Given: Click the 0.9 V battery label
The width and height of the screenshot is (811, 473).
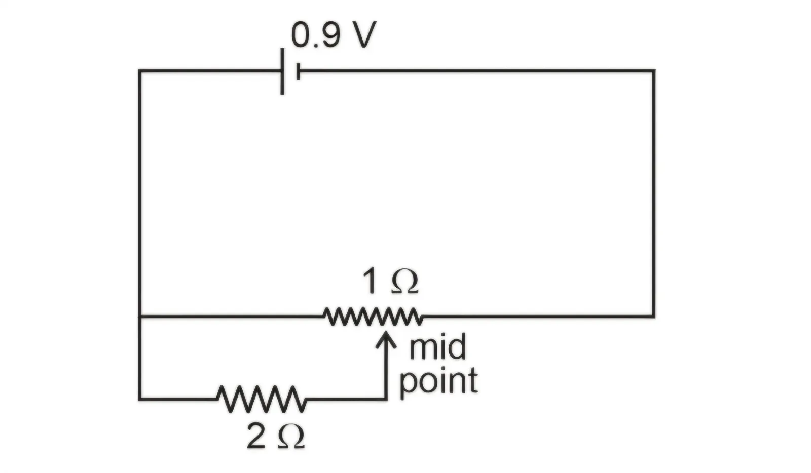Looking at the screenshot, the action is (x=334, y=35).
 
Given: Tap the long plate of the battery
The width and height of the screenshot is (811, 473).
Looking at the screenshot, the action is (x=282, y=71).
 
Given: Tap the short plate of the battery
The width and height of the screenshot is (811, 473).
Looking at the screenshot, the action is (x=298, y=71).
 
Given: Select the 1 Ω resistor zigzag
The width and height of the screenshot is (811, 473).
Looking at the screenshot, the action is (x=373, y=317).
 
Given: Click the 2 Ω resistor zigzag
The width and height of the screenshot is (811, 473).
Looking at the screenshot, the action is (x=262, y=399).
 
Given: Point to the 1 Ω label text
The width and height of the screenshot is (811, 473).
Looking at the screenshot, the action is (x=391, y=282).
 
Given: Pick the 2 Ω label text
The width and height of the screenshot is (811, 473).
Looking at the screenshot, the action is (x=276, y=436).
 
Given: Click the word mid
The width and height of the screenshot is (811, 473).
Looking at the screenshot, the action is (x=438, y=346).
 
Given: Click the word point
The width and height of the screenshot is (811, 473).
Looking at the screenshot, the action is (x=439, y=381).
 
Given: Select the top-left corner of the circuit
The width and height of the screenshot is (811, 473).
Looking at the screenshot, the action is (x=140, y=71).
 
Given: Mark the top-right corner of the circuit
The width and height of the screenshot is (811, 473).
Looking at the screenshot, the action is (x=653, y=71).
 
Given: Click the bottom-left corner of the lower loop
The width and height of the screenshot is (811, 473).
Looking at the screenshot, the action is (x=140, y=399).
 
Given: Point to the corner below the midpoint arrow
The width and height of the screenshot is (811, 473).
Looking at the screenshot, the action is (x=386, y=399).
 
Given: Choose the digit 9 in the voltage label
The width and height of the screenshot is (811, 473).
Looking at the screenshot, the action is (x=331, y=35).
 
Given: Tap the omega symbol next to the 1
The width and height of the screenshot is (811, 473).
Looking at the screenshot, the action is (x=405, y=282).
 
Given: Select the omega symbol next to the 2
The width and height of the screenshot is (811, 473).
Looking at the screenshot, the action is (x=291, y=437).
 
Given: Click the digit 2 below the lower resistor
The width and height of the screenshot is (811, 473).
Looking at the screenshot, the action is (x=256, y=436).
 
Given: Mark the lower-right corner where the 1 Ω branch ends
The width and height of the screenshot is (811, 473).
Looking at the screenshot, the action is (x=653, y=317).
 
